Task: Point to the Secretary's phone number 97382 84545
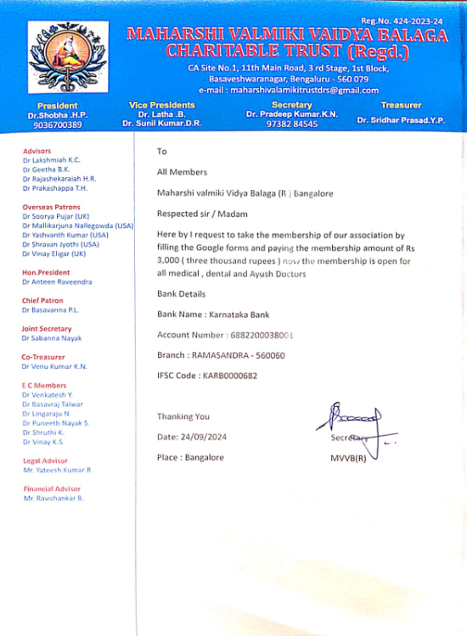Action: tap(292, 124)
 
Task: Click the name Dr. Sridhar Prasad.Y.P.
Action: tap(401, 120)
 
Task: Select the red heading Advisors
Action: tap(37, 151)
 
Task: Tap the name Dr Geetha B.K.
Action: tap(46, 170)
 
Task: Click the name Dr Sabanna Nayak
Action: tap(53, 338)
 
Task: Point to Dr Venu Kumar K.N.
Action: tap(54, 366)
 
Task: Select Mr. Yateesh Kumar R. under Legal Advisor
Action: tap(58, 470)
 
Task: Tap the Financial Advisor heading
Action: tap(53, 488)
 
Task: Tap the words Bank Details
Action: tap(181, 293)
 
